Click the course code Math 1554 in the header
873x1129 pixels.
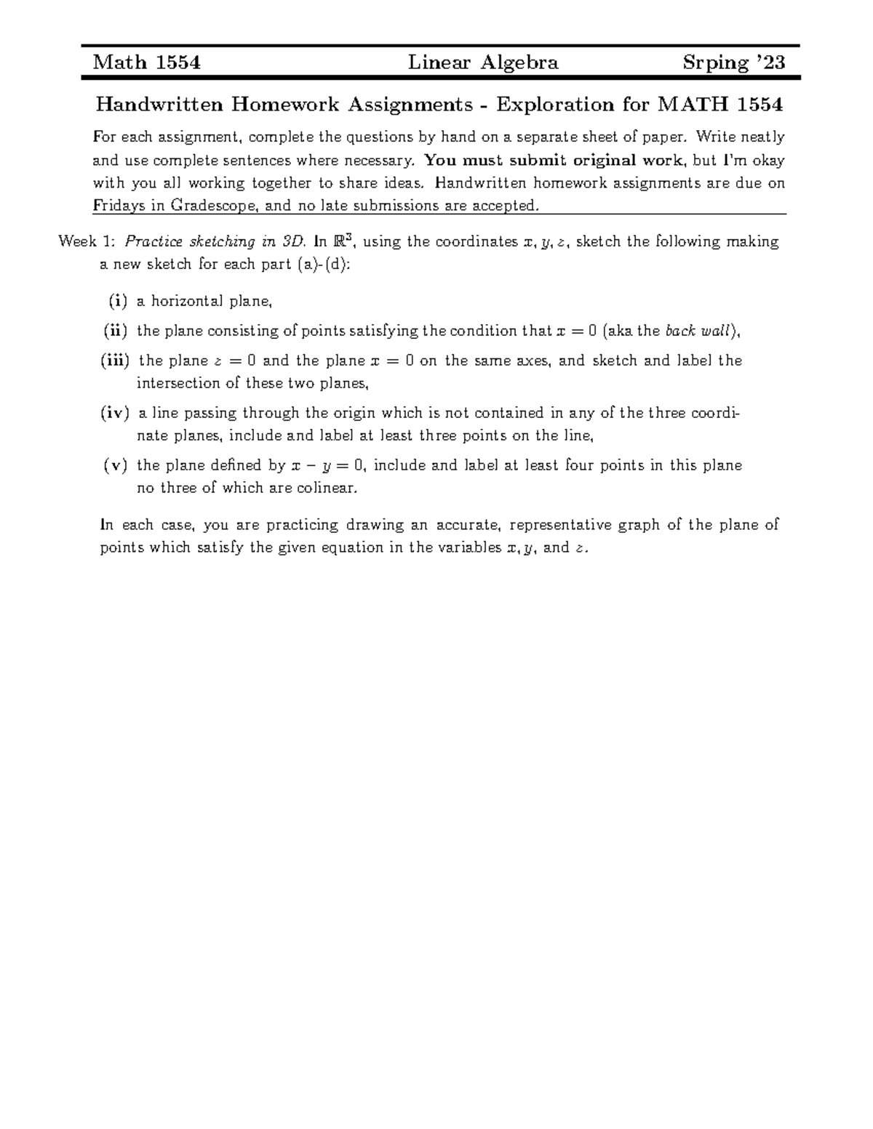point(147,63)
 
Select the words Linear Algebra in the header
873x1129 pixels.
point(483,63)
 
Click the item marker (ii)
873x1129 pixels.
point(115,332)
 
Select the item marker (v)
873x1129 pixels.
point(116,466)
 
